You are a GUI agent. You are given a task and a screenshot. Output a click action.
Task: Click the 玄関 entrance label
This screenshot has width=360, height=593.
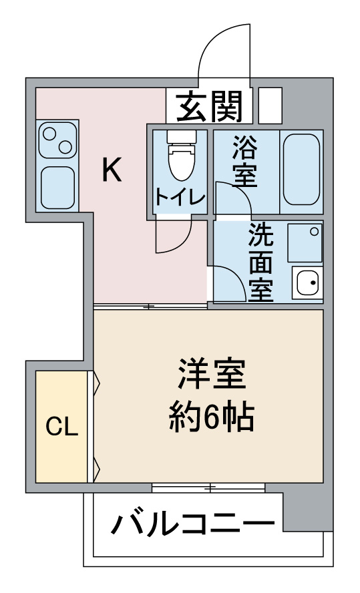209,107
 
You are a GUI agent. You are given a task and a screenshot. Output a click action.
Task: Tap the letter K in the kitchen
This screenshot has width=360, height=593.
112,170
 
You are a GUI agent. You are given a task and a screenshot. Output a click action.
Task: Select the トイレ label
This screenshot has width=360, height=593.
180,197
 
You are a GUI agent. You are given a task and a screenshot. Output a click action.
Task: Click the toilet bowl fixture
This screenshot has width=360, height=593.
182,156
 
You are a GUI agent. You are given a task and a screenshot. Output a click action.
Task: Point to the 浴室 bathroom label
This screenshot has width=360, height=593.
244,161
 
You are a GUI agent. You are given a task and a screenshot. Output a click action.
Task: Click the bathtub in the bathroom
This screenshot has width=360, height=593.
301,170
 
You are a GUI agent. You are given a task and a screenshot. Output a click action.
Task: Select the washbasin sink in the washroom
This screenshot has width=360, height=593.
307,283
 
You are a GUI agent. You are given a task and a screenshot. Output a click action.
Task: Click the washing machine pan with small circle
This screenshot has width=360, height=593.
305,242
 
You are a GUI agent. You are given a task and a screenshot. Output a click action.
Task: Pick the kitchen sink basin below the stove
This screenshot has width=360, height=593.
57,188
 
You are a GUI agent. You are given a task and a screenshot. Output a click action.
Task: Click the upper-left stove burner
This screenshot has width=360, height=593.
49,134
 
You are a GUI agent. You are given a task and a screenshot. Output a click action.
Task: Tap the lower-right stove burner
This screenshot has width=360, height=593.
65,147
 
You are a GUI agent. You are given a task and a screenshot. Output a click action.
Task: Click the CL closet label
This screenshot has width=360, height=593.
61,427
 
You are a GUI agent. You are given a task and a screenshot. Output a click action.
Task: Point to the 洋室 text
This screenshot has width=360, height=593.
212,374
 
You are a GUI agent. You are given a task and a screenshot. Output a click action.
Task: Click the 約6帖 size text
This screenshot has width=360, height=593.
211,417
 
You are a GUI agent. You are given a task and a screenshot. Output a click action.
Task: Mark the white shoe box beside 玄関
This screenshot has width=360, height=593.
270,106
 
